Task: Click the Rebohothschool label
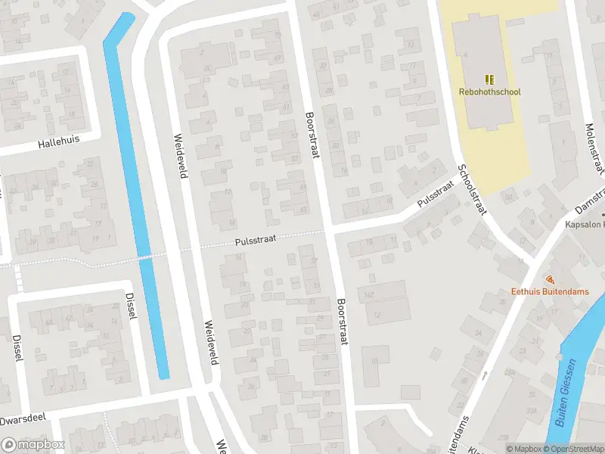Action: tap(489, 92)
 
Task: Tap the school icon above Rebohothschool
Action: tap(489, 79)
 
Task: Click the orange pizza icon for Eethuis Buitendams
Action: tap(548, 278)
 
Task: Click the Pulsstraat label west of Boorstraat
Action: tap(255, 240)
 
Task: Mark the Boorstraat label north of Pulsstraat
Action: tap(311, 136)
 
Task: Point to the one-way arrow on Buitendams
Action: tap(485, 375)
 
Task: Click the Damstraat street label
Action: tap(588, 201)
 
